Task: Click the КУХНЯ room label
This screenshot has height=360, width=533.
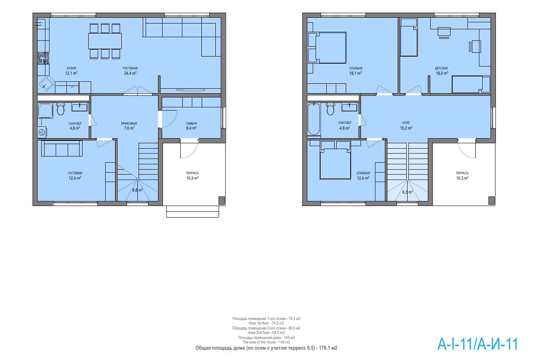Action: [71, 69]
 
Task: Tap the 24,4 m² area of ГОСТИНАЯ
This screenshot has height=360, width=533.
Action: [130, 73]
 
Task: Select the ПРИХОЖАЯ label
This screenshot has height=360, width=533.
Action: [129, 123]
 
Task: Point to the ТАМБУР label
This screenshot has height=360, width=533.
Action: [191, 123]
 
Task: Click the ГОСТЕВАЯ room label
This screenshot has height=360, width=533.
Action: [75, 173]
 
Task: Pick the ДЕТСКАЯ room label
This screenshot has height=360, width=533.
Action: [441, 69]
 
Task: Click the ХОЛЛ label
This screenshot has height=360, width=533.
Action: [406, 123]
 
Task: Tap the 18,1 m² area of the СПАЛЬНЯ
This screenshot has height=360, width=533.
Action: [356, 73]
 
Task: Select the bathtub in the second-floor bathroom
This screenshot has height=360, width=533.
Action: [314, 119]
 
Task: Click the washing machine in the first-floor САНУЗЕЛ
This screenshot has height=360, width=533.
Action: [42, 133]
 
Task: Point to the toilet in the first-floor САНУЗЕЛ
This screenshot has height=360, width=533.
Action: [61, 109]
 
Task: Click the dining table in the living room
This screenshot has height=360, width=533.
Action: [105, 41]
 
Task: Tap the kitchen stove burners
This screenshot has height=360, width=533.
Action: [43, 58]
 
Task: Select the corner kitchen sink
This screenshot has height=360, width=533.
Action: [46, 84]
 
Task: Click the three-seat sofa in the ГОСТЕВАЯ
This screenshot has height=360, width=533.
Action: [62, 149]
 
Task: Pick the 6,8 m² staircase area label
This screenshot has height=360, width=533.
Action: [137, 190]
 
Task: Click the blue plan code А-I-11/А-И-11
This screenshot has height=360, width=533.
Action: [478, 344]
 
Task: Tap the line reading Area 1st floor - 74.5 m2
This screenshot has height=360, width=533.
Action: [266, 323]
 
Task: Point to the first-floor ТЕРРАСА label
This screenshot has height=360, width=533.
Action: [192, 173]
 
